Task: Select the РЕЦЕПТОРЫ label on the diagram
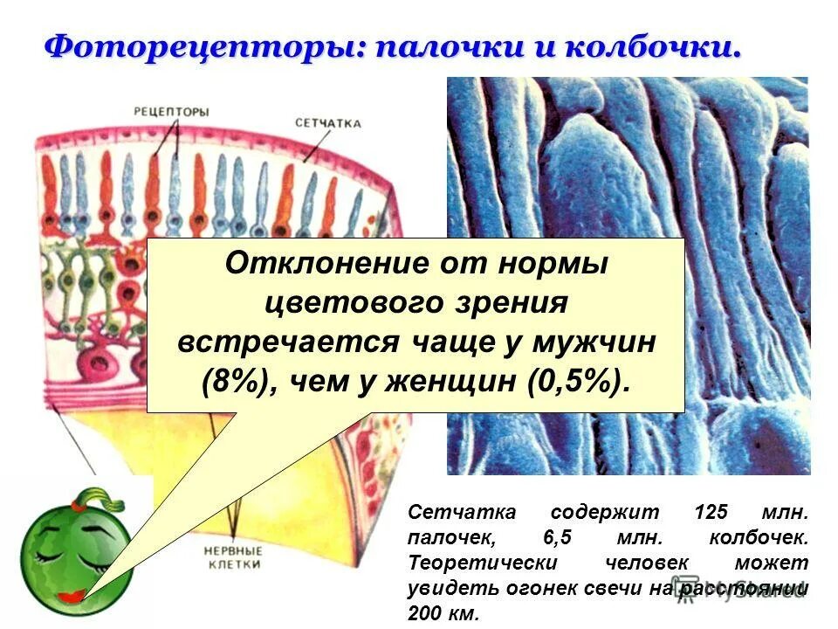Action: click(172, 111)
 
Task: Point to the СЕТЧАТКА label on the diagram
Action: click(327, 123)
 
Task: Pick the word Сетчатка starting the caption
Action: click(450, 514)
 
